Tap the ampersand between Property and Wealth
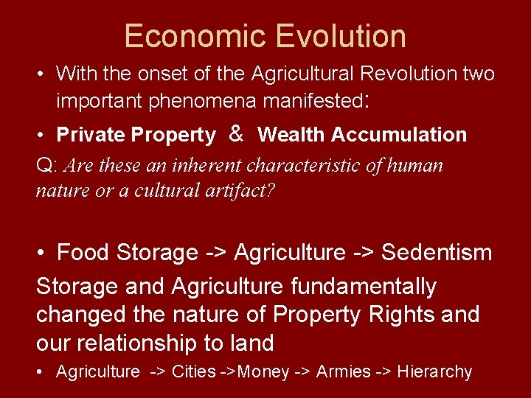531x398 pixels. pos(237,133)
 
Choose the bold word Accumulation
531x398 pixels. pos(399,135)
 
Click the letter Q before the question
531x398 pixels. pos(42,165)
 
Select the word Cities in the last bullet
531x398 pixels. pos(194,372)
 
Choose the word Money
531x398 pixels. pos(263,372)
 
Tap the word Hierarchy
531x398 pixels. pos(434,372)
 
